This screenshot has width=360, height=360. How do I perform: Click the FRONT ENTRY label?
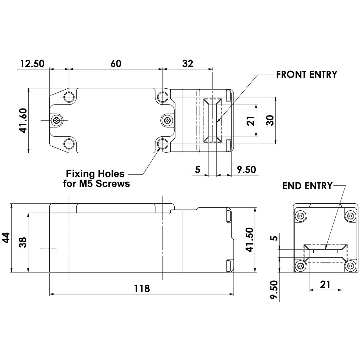click(x=306, y=74)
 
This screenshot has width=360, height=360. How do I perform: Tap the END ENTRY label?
click(x=307, y=186)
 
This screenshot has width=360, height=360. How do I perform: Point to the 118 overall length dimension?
click(x=142, y=288)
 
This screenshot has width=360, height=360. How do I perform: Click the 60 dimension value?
click(x=116, y=63)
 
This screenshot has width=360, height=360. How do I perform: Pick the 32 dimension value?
click(x=187, y=63)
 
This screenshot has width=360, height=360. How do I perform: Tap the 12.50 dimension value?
click(x=32, y=63)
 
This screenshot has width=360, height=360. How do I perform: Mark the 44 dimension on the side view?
click(x=6, y=238)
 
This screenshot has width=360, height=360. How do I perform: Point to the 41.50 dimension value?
click(x=250, y=240)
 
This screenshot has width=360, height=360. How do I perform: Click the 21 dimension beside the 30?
click(x=251, y=121)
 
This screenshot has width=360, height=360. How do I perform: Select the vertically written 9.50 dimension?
click(x=274, y=291)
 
